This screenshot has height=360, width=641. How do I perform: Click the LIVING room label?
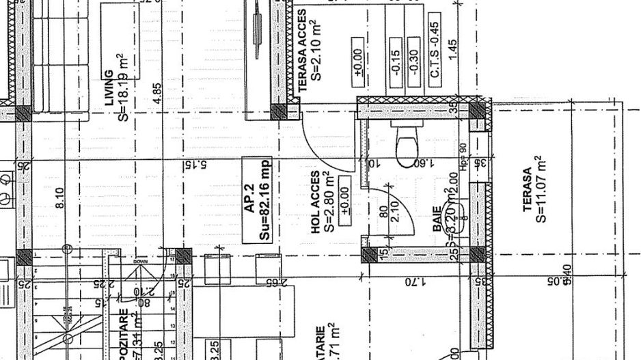109,88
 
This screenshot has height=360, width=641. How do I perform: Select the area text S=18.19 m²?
123,87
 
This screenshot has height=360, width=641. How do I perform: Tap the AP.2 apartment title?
250,197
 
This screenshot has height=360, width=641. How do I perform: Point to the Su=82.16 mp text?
264,198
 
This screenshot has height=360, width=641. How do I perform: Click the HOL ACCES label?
316,203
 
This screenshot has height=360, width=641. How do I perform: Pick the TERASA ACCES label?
303,51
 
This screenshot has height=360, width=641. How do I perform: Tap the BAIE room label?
437,218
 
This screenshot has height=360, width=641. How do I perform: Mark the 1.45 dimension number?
454,50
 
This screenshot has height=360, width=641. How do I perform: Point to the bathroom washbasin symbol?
451,212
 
